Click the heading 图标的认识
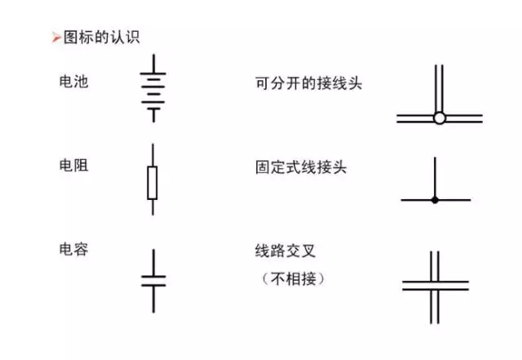(101, 37)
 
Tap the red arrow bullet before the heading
(56, 38)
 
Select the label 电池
(73, 82)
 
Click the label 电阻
(73, 166)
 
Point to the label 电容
(73, 249)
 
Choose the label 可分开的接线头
(308, 83)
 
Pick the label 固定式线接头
(301, 167)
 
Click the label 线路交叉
(285, 251)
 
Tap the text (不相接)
(294, 278)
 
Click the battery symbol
(153, 88)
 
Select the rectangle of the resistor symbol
(153, 183)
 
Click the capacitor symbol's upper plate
(153, 277)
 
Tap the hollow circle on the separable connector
(440, 118)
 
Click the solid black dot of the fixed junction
(435, 200)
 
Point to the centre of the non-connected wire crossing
(435, 286)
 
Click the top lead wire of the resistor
(153, 155)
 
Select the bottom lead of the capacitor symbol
(153, 300)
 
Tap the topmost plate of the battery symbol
(153, 73)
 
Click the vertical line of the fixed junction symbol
(435, 178)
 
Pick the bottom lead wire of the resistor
(153, 207)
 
